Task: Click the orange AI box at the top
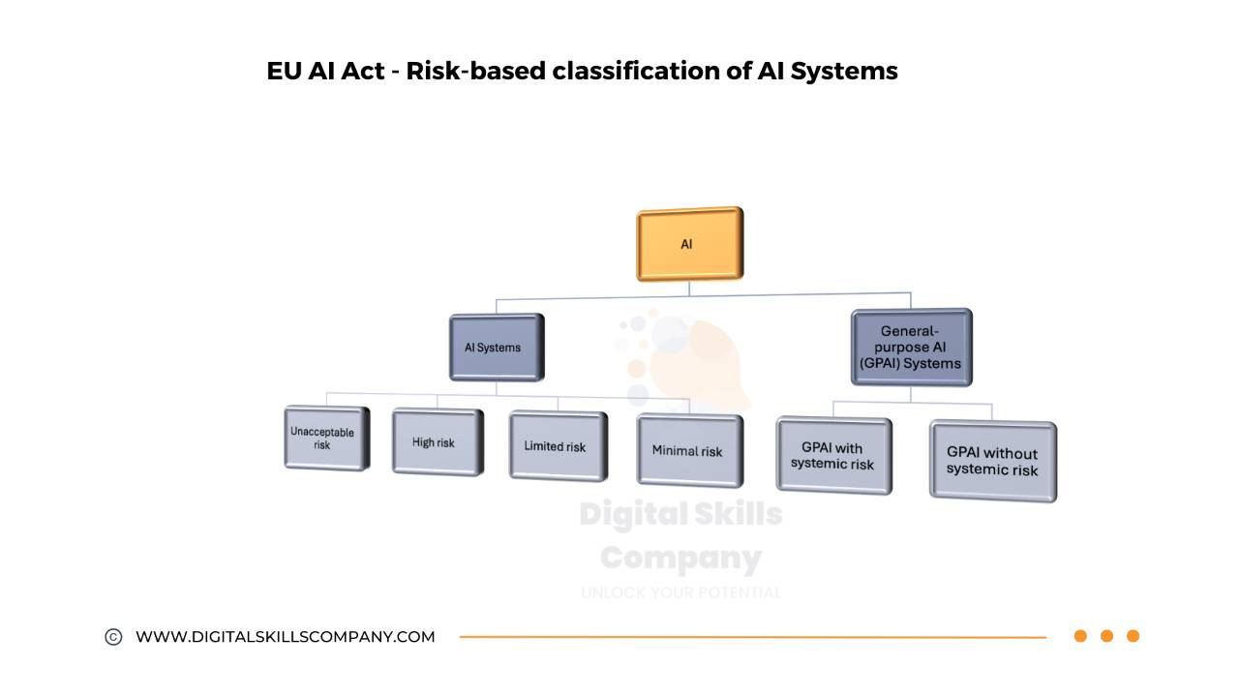(689, 244)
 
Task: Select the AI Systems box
(496, 348)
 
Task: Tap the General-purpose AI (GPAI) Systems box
(910, 348)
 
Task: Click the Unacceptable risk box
(325, 439)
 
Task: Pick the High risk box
(436, 442)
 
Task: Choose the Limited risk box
(558, 446)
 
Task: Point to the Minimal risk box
(688, 451)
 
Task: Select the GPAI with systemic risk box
(832, 456)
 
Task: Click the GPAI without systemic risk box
(991, 461)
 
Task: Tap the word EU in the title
(284, 72)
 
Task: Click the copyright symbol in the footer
(113, 637)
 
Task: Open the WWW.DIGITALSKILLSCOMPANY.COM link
(286, 637)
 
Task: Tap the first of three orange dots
(1080, 636)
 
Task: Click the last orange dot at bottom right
(1133, 636)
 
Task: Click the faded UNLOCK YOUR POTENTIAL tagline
(680, 592)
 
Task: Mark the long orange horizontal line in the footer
(753, 637)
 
